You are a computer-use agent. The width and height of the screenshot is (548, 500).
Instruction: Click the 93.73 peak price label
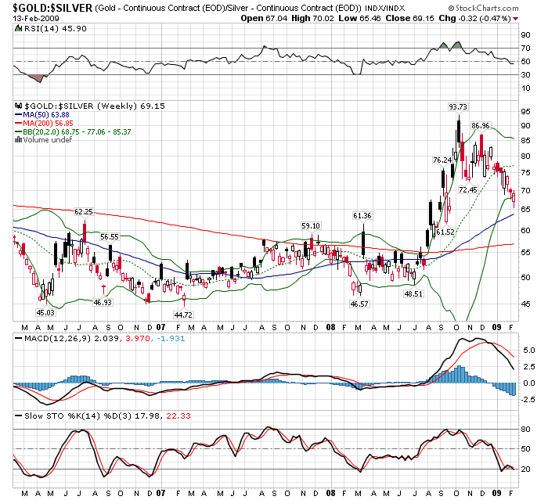tap(458, 107)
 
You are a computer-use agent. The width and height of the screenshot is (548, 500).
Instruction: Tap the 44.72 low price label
tap(183, 315)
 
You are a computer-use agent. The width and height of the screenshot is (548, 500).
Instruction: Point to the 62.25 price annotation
tap(85, 212)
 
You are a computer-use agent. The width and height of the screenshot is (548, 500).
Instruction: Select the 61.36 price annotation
tap(362, 216)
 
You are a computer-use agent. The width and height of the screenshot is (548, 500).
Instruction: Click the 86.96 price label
tap(481, 125)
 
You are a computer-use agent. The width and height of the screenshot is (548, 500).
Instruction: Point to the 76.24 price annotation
tap(442, 160)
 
